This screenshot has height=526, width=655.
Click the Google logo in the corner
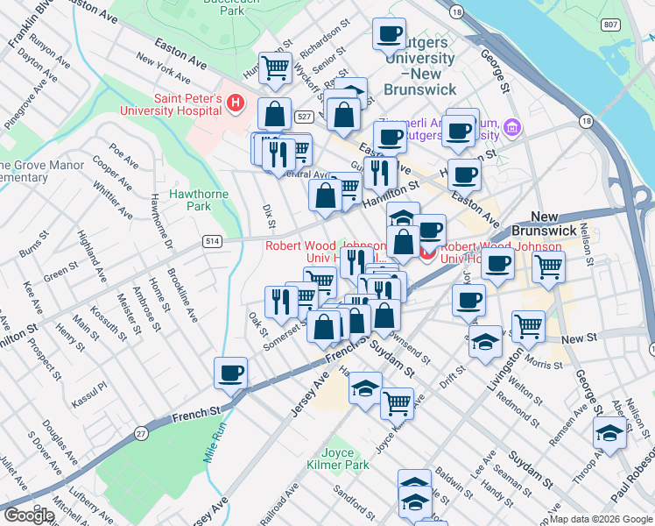[29, 515]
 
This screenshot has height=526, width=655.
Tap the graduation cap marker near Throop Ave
[609, 433]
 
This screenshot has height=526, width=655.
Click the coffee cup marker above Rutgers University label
[389, 34]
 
